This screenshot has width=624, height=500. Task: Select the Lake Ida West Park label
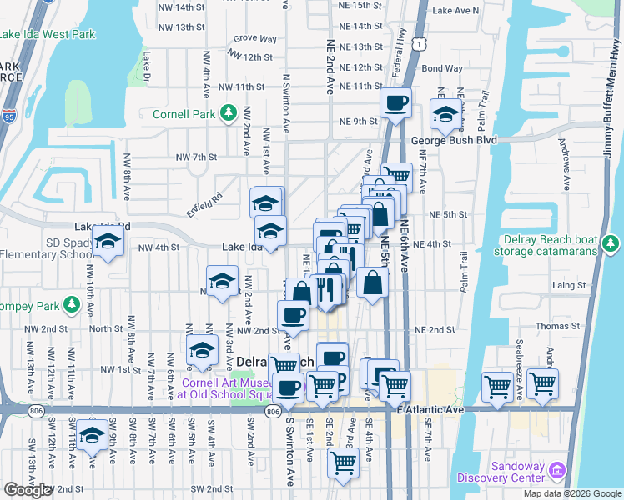(x=48, y=34)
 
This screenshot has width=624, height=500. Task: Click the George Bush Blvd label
(x=454, y=140)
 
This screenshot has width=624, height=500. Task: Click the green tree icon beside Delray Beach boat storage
(x=611, y=243)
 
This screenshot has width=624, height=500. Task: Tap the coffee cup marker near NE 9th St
(x=396, y=103)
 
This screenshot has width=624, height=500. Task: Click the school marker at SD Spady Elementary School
(x=108, y=242)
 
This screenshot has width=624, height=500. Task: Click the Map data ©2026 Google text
(x=572, y=493)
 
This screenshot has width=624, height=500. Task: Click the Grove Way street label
(x=254, y=38)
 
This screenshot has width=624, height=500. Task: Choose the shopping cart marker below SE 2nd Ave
(x=345, y=462)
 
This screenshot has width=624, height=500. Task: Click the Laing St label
(x=571, y=285)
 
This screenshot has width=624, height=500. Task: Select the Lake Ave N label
(x=457, y=11)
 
